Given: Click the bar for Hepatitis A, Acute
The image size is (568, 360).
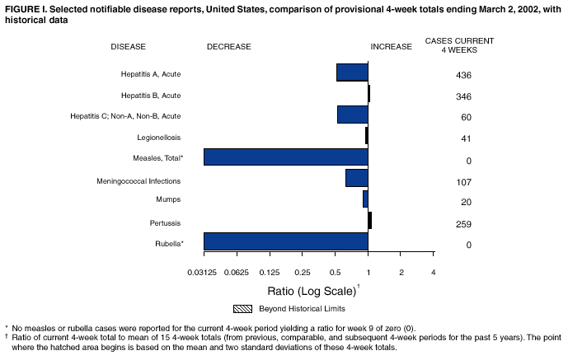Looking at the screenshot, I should [x=352, y=72].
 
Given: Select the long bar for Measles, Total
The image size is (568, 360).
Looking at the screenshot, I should [x=285, y=157].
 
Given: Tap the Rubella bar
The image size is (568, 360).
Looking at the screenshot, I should [x=285, y=241].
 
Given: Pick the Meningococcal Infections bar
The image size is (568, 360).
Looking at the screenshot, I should [x=357, y=178].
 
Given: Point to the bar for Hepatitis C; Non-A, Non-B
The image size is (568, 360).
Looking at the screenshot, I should [x=353, y=115].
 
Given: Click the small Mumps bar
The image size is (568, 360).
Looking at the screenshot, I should [x=365, y=199].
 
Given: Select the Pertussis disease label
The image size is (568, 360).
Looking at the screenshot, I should [x=165, y=222].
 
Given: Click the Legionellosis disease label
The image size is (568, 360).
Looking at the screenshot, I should [x=159, y=137].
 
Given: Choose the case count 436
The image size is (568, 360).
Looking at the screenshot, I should [x=463, y=76].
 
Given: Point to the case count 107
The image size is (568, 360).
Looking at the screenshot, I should [x=463, y=182].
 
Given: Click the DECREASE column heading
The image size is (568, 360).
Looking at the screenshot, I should [x=229, y=47].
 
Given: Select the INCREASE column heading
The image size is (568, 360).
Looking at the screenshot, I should [x=392, y=47].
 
